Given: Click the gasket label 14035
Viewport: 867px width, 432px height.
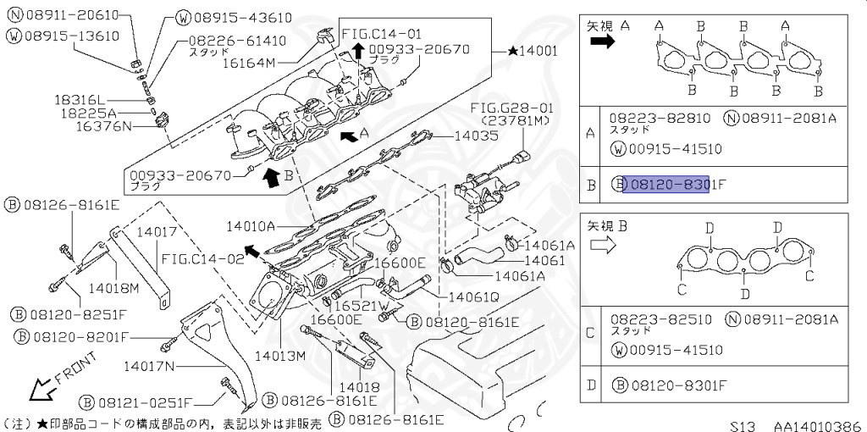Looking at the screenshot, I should coord(477,135).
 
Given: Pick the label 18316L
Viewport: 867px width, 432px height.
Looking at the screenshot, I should coord(83,99).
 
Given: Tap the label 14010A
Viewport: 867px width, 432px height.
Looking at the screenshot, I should coord(251,226).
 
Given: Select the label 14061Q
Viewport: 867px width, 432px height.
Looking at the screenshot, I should coord(474,296).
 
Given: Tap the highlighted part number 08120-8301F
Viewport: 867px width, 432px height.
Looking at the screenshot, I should coord(665,184).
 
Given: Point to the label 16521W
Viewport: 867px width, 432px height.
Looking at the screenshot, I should coord(359,305).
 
